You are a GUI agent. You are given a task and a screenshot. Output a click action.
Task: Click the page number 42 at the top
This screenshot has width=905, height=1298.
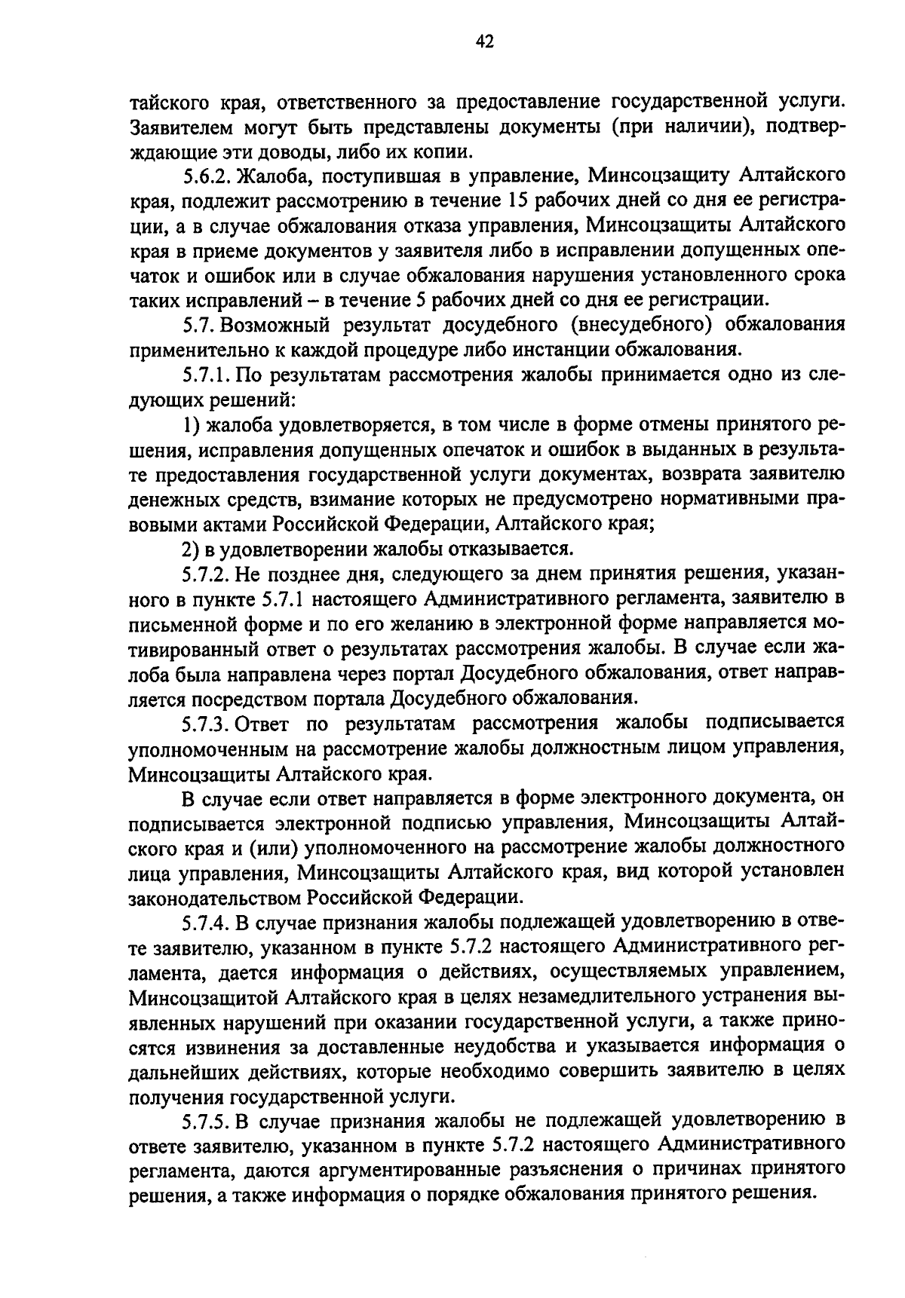[484, 43]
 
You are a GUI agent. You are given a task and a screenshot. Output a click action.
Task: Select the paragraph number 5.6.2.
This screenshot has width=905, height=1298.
[207, 177]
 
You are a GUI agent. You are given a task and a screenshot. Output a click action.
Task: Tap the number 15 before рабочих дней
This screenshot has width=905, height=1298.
[519, 201]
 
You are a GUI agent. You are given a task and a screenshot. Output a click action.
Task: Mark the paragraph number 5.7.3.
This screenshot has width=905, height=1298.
[207, 723]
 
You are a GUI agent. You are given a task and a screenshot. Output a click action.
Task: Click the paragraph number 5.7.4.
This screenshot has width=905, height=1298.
[207, 922]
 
